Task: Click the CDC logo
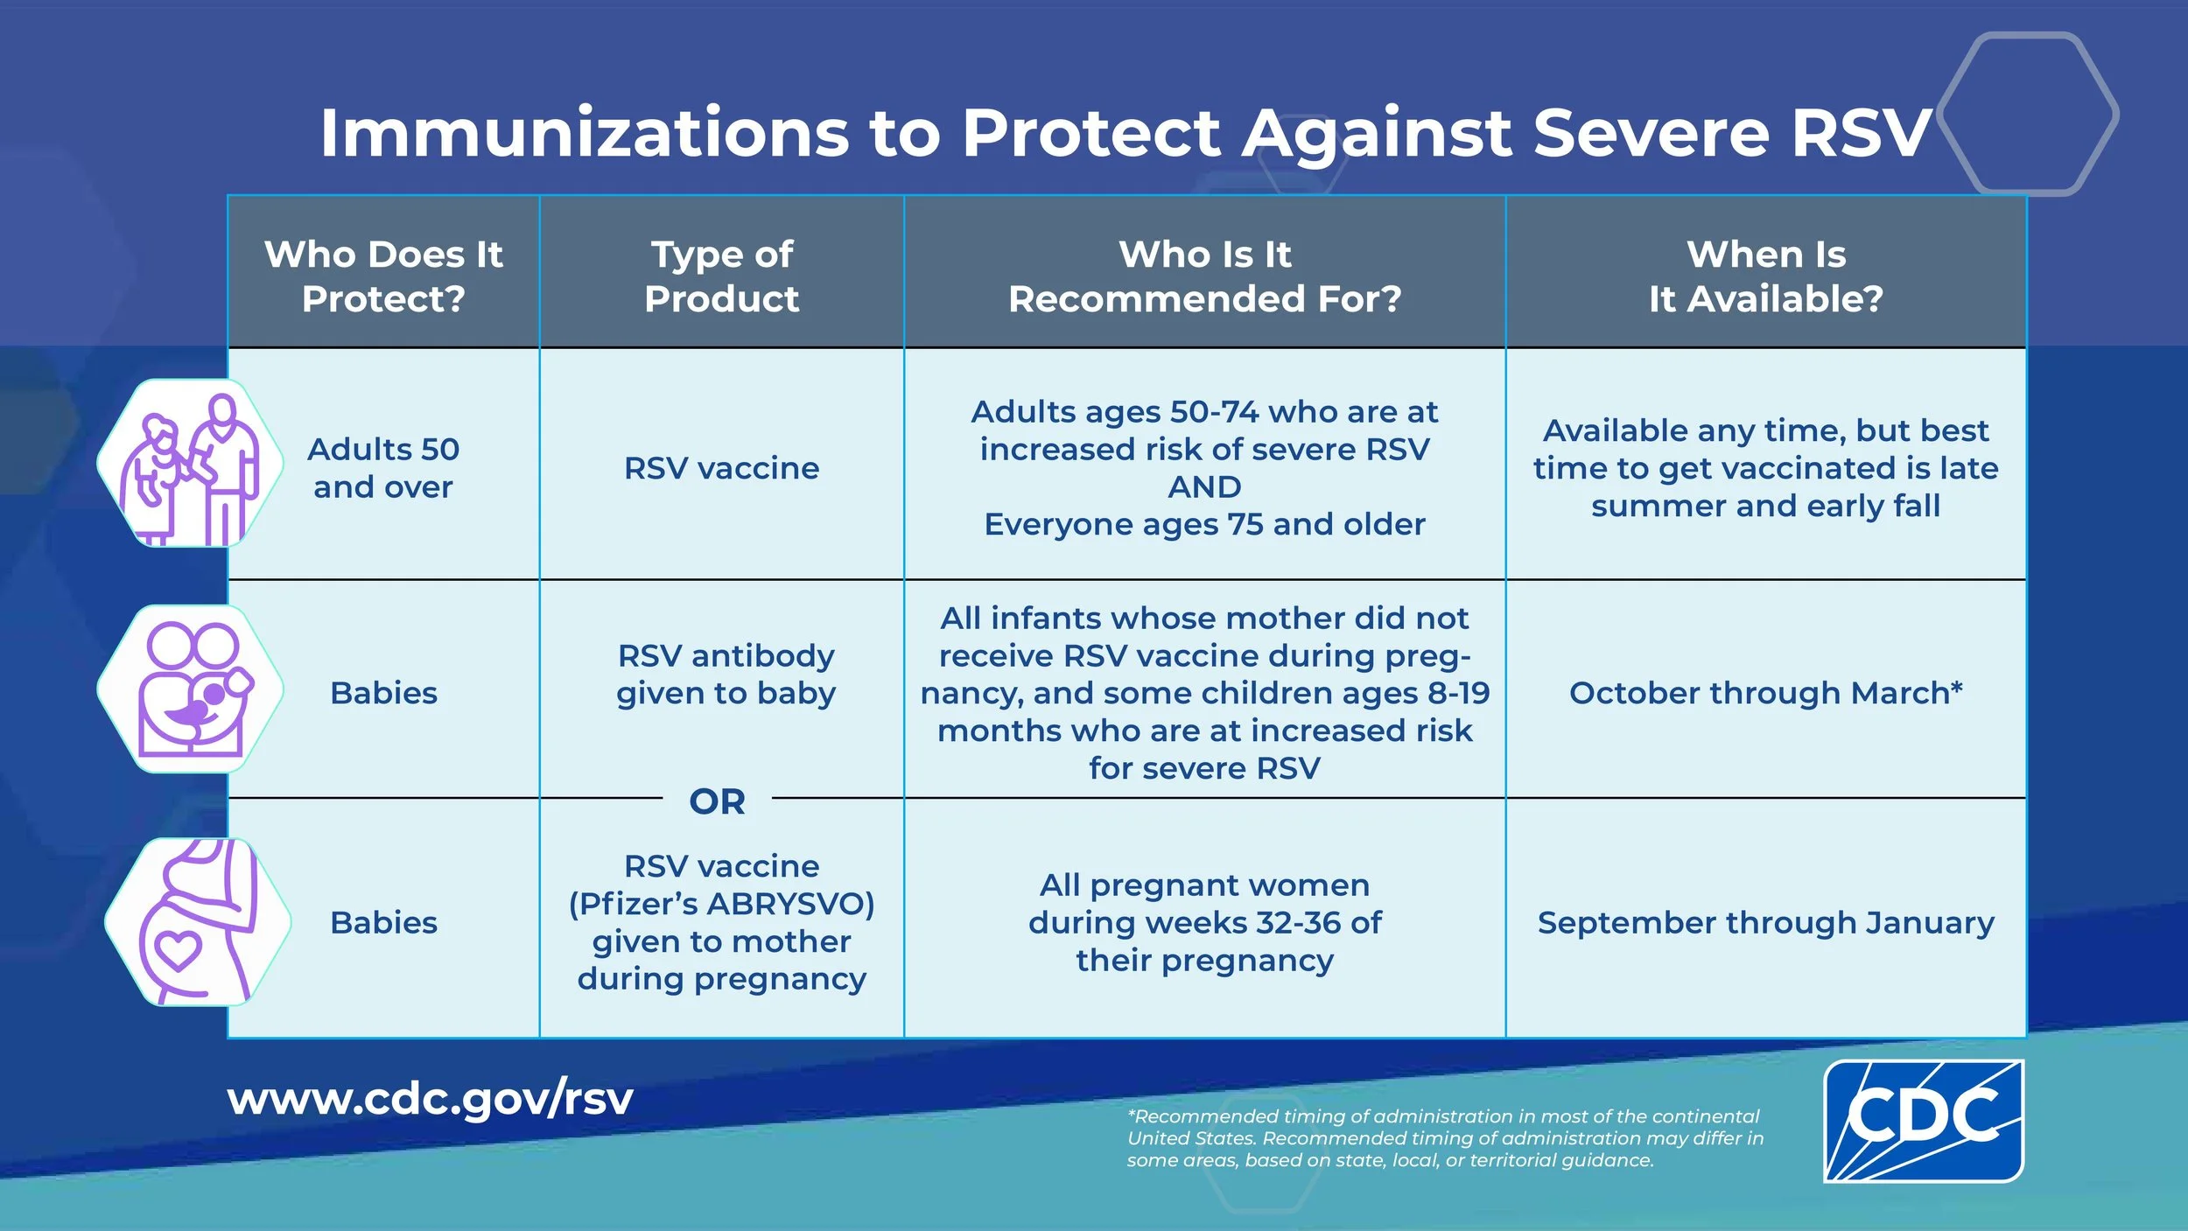pos(1923,1121)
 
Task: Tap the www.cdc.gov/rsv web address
pos(430,1099)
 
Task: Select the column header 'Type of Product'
pos(722,276)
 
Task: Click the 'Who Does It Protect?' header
pos(383,276)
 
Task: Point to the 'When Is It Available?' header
pos(1765,276)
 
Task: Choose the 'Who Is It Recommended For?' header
pos(1204,276)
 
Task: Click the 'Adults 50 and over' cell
pos(383,468)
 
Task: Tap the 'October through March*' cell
pos(1765,693)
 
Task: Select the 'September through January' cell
pos(1765,923)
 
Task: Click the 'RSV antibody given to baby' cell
pos(726,675)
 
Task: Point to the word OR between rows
pos(718,801)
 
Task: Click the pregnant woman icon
pos(198,921)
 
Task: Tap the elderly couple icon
pos(190,464)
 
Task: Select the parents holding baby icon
pos(190,689)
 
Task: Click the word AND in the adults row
pos(1204,486)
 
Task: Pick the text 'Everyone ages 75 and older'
pos(1204,524)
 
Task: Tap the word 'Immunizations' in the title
pos(585,133)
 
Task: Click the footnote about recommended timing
pos(1444,1138)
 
